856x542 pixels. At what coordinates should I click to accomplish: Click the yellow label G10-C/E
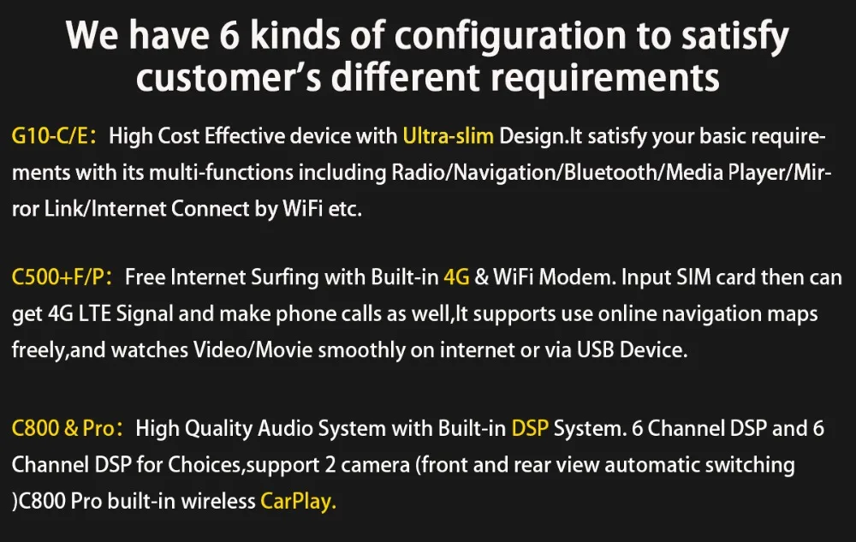point(53,135)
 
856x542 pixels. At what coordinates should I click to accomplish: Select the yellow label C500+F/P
point(63,277)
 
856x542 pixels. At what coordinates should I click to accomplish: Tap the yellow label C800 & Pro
point(62,428)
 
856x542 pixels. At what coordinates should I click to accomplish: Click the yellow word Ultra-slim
point(448,135)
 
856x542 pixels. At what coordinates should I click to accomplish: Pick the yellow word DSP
point(529,428)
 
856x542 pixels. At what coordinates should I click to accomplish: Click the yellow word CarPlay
point(298,501)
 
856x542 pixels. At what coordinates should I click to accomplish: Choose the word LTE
point(99,313)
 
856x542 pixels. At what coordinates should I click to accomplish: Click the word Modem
point(579,277)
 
